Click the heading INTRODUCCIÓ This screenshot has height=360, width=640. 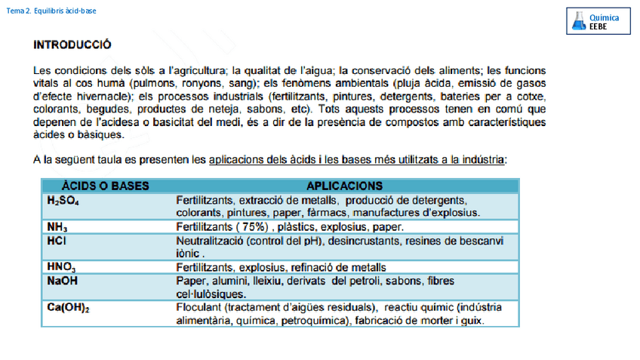[x=72, y=45]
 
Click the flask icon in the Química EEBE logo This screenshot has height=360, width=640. [x=579, y=21]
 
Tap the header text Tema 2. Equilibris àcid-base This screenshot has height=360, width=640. [x=51, y=11]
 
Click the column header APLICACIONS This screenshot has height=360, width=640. [x=344, y=186]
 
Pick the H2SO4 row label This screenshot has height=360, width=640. [x=63, y=201]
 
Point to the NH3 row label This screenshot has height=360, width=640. [x=57, y=226]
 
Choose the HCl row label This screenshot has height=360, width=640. [x=57, y=241]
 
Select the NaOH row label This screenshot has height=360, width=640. [x=62, y=281]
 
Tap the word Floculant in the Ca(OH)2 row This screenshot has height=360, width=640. [x=198, y=308]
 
